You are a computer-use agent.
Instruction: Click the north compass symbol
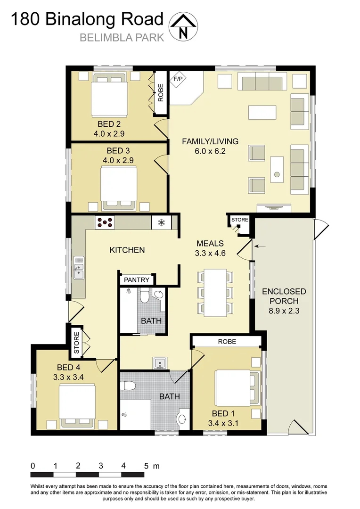click(x=183, y=26)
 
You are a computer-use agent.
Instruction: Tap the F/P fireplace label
click(x=179, y=79)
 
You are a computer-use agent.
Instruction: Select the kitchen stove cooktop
click(x=105, y=222)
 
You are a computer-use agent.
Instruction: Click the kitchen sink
click(x=78, y=270)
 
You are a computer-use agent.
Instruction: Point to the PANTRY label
click(x=137, y=280)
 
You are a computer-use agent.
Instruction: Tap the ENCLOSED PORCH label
click(x=284, y=296)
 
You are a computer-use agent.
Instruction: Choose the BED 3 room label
click(x=118, y=151)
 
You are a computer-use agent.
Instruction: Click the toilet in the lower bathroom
click(x=128, y=386)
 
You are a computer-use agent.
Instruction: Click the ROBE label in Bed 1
click(x=227, y=341)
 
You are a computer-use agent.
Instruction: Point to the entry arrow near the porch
click(x=260, y=246)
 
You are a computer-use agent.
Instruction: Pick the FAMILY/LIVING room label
click(x=210, y=141)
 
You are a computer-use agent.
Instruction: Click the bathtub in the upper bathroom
click(x=127, y=311)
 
